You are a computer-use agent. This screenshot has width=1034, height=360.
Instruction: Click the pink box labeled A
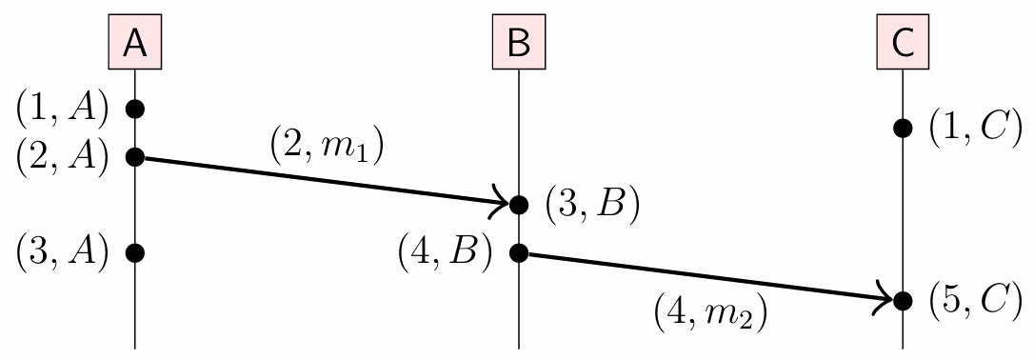coord(135,44)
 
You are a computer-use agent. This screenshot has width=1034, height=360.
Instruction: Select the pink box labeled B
coord(518,44)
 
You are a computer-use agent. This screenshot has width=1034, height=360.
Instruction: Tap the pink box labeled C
coord(903,44)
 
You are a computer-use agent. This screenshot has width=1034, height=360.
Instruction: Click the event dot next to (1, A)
coord(135,108)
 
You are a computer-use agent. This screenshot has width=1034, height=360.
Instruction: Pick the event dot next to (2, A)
coord(135,156)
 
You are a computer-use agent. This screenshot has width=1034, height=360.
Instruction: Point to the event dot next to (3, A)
coord(135,252)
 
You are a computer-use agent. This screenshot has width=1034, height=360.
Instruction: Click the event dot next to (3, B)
coord(518,204)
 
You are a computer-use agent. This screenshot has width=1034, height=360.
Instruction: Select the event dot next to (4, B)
coord(518,252)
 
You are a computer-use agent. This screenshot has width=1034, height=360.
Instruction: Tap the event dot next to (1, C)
coord(903,128)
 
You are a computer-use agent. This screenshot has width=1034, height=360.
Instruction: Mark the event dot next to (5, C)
coord(903,300)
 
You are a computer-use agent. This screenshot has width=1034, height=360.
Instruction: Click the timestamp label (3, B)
coord(590,205)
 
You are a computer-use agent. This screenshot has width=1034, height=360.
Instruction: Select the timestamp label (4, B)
coord(446,253)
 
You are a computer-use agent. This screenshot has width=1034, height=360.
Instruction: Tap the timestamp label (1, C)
coord(975,129)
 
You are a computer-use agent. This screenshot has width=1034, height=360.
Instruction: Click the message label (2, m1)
coord(327,148)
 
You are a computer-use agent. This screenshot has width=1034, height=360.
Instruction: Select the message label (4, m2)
coord(710,311)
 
